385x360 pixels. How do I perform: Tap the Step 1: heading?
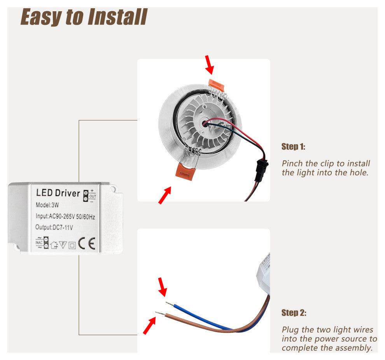point(293,147)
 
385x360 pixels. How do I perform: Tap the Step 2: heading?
point(294,313)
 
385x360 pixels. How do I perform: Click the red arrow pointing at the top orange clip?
point(209,64)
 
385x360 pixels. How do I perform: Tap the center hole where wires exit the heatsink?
point(205,124)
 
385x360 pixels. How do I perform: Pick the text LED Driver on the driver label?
point(58,193)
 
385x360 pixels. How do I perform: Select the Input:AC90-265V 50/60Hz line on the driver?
point(65,217)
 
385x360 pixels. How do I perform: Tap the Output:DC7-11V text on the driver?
point(54,227)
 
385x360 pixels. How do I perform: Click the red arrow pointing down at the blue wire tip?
point(162,287)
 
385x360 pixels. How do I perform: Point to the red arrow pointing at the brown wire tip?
point(149,326)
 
